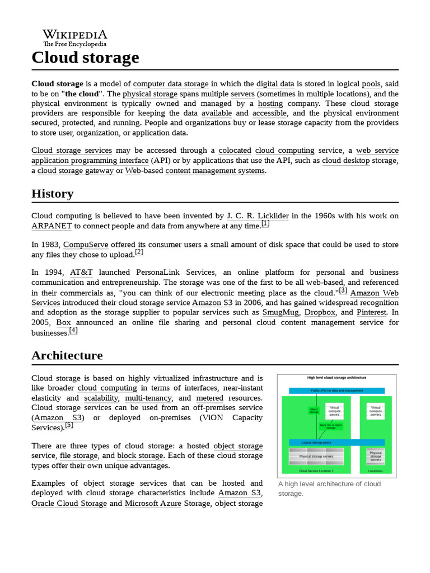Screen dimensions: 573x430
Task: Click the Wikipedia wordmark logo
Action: (x=74, y=37)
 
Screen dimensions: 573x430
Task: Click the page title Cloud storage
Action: (x=85, y=57)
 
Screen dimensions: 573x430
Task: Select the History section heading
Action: (x=52, y=194)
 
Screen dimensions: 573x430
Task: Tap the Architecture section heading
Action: (x=67, y=355)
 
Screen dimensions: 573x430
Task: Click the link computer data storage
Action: (x=171, y=84)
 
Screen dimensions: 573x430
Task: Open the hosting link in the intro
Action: (x=270, y=104)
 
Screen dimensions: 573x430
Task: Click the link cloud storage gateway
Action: (x=76, y=171)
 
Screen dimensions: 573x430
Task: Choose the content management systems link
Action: (x=215, y=171)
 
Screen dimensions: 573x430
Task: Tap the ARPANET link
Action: (x=52, y=226)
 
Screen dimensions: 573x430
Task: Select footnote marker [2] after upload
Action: (x=139, y=252)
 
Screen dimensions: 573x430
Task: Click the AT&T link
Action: (x=82, y=273)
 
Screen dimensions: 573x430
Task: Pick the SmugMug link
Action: (x=281, y=312)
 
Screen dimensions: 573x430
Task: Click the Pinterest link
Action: (x=371, y=312)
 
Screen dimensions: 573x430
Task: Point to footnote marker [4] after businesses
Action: (x=73, y=331)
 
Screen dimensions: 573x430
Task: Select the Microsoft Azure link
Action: (x=153, y=503)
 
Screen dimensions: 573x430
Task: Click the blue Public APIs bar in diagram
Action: (x=336, y=391)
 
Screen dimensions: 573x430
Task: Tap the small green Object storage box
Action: (x=314, y=410)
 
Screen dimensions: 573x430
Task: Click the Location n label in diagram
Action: (x=375, y=471)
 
